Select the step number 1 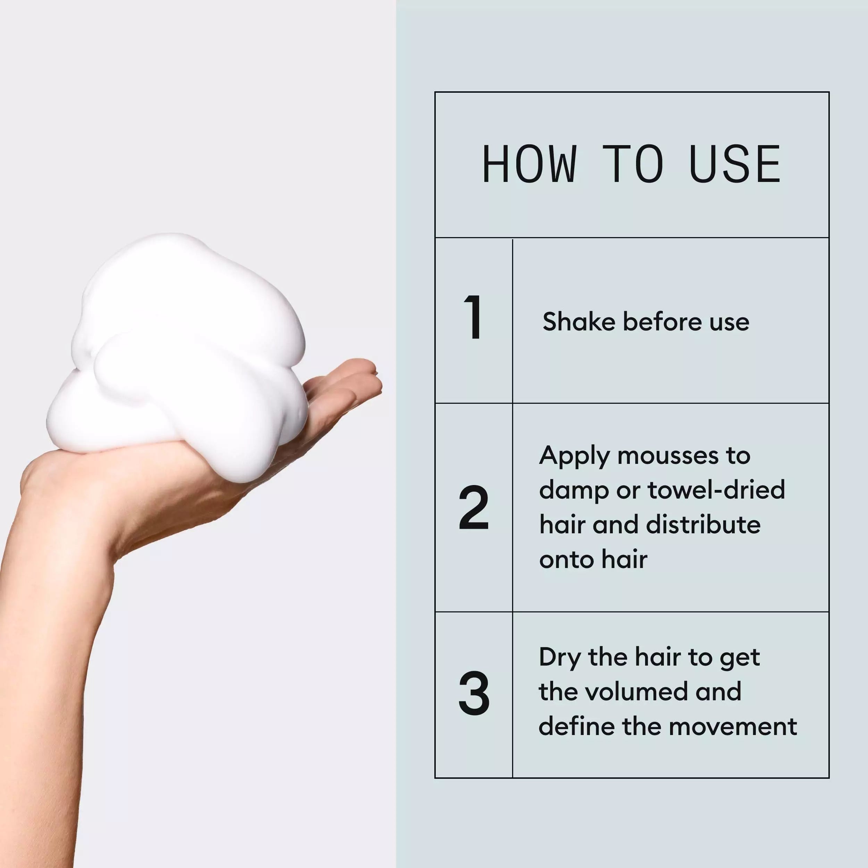point(473,318)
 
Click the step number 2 point(474,508)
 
